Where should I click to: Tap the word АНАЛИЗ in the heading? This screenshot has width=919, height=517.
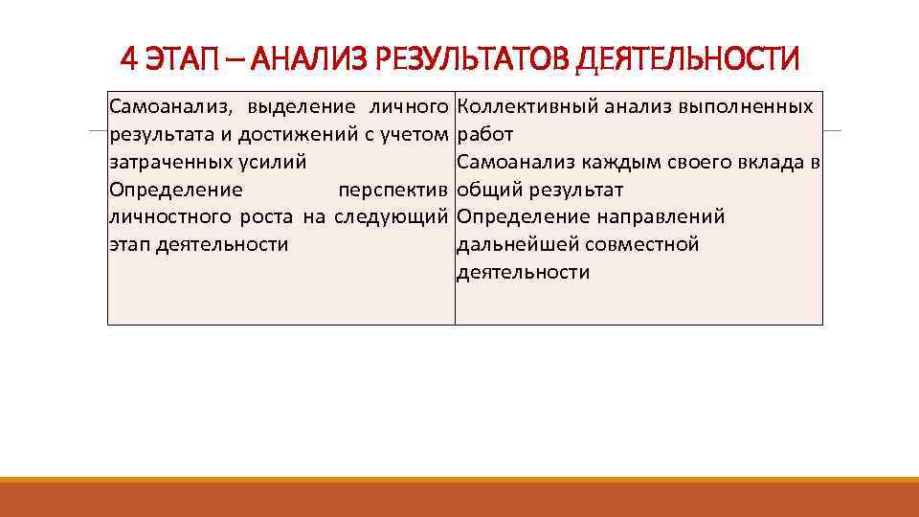(x=306, y=60)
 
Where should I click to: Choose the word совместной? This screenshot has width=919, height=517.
(x=641, y=245)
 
